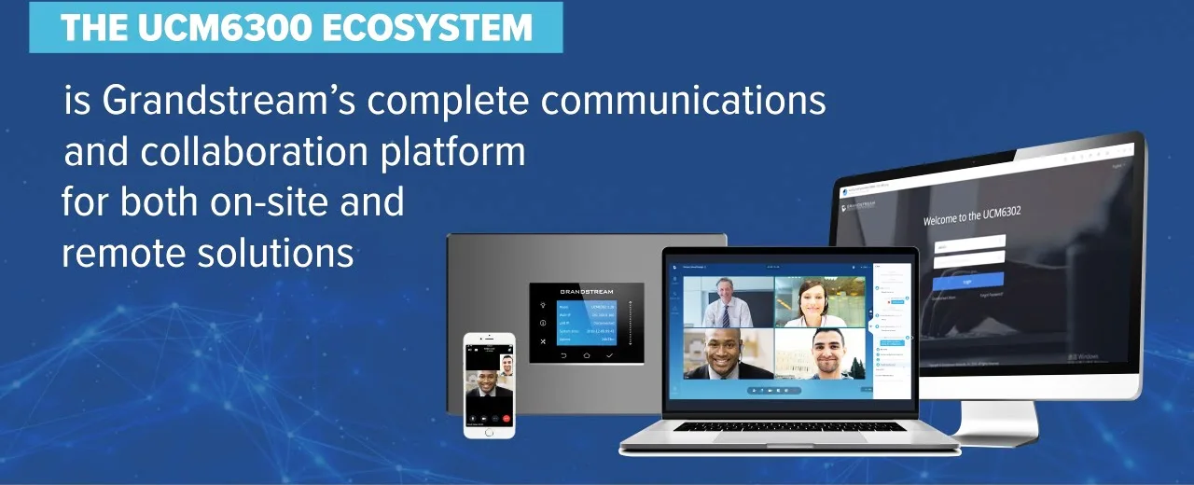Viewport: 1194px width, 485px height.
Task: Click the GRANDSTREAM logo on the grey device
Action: point(586,292)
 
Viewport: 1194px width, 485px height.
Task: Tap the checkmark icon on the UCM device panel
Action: point(609,355)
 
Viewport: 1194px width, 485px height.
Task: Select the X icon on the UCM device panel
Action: point(543,342)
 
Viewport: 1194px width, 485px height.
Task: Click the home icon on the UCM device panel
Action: point(586,355)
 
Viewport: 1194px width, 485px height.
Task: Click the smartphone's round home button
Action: point(490,431)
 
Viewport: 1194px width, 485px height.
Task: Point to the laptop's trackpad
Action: point(789,437)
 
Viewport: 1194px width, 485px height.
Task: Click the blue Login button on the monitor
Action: point(968,280)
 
